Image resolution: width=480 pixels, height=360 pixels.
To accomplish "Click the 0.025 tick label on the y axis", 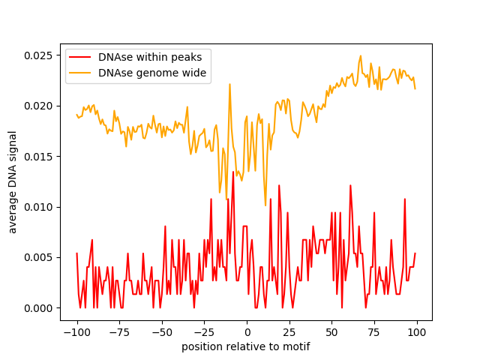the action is [x=38, y=55].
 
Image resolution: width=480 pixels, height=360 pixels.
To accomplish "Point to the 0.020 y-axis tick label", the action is [x=38, y=106].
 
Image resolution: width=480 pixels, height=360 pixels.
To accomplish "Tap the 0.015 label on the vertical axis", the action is [x=38, y=157].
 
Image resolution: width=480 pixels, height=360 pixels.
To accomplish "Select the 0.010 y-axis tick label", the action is [x=38, y=207].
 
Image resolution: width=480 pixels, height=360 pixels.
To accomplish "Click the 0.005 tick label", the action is [x=38, y=258].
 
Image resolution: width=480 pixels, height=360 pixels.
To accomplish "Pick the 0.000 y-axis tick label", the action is [x=38, y=308].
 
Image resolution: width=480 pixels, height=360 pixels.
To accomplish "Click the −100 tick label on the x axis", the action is [x=76, y=332].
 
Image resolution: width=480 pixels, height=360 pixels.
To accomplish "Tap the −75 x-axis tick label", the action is [x=119, y=332].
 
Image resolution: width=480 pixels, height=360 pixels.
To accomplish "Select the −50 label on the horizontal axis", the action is [x=162, y=332].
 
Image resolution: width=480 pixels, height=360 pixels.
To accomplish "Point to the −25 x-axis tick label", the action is [x=204, y=332].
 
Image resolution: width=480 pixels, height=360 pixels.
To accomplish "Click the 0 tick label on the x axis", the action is [x=247, y=332].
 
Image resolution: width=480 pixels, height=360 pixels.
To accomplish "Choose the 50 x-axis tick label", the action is [x=331, y=332].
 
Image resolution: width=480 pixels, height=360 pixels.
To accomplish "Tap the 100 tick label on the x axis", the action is [x=417, y=332].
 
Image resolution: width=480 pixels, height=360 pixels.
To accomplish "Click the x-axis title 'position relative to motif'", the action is [x=246, y=346].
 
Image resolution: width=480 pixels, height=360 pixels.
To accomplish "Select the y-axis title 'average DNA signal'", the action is [x=12, y=182].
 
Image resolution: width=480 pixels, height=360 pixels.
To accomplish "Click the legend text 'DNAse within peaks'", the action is [x=150, y=57].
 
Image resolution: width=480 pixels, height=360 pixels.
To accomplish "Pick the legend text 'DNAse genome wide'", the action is [x=152, y=73].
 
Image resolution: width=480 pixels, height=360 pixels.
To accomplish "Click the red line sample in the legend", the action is [x=80, y=57].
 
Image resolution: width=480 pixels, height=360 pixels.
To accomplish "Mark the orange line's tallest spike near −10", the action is [x=229, y=84].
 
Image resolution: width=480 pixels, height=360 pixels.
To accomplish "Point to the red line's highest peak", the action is [x=233, y=172].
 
